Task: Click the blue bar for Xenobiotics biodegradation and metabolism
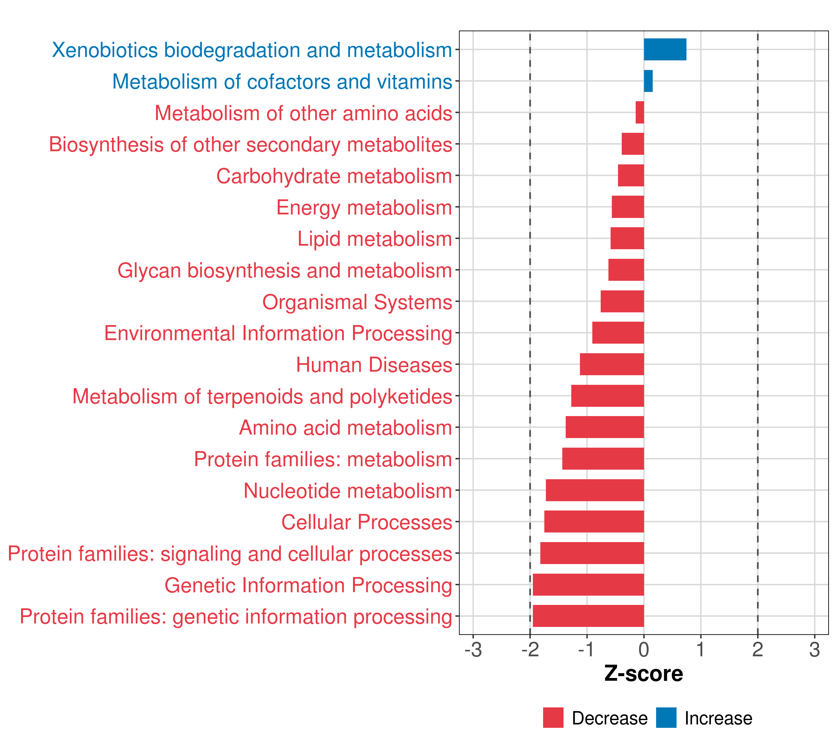point(665,50)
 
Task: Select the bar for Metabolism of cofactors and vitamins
point(648,81)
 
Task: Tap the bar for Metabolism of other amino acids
point(640,112)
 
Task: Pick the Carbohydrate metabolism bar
point(631,176)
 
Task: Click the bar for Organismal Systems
point(622,301)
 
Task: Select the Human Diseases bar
point(612,364)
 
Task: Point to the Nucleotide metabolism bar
point(595,490)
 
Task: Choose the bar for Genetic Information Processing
point(588,585)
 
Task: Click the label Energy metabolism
point(364,208)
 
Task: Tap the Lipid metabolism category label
point(375,239)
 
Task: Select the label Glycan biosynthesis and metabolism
point(285,271)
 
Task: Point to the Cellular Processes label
point(367,522)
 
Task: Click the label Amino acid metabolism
point(346,428)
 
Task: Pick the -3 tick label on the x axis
point(473,650)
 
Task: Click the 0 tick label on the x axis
point(644,650)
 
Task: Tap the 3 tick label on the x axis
point(814,650)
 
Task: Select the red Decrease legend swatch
point(553,718)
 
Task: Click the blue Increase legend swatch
point(666,718)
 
